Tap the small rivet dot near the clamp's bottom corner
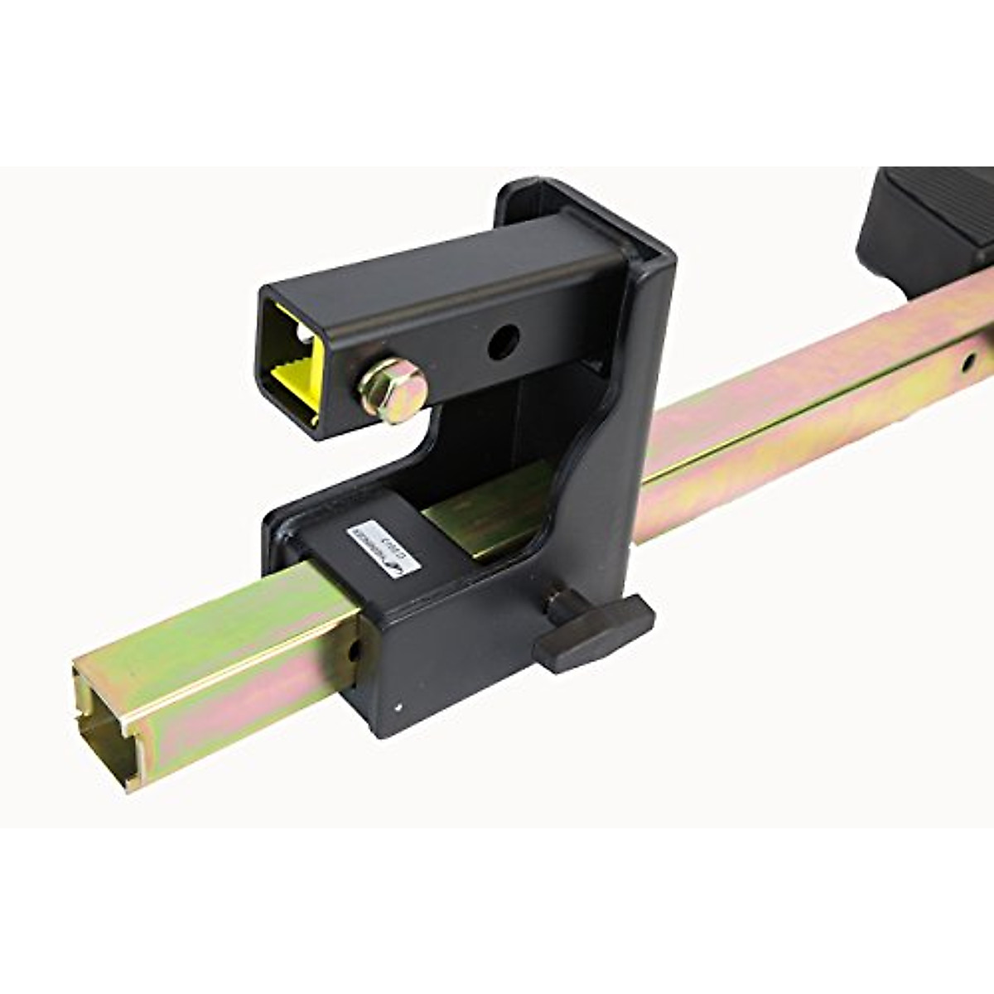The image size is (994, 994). [401, 707]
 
